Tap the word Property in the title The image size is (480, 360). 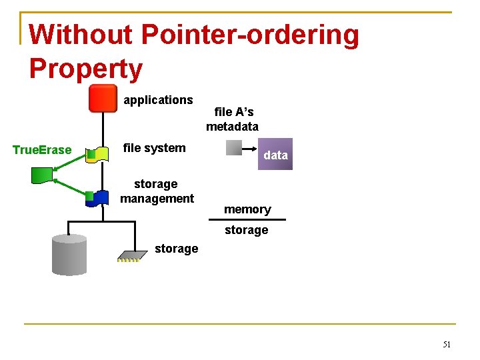(86, 69)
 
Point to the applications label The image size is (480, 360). (158, 100)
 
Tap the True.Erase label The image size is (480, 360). (42, 150)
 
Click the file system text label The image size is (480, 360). (155, 148)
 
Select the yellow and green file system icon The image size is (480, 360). (99, 155)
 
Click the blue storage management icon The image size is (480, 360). (99, 197)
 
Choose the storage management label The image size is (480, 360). (157, 191)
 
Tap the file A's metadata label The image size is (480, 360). (233, 119)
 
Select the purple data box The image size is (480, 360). (275, 155)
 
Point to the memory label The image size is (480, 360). (247, 209)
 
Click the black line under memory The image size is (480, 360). (247, 219)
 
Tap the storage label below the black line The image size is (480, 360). (246, 230)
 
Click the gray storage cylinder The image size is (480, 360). (69, 255)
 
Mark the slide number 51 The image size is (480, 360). (447, 345)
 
